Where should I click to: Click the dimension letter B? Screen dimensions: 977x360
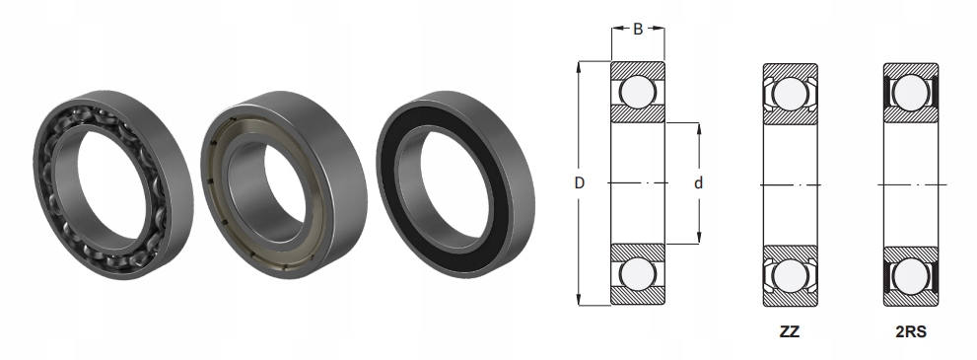pos(638,30)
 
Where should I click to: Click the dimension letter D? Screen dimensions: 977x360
pos(580,183)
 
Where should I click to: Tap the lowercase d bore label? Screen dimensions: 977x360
pos(698,183)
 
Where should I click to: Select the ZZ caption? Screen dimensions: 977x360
pos(790,332)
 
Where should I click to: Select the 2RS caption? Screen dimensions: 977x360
pos(911,332)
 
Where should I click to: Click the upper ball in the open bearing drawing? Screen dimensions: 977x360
pos(638,92)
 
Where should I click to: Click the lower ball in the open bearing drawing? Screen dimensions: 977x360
pos(638,274)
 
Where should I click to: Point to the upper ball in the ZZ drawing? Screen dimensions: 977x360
pos(790,94)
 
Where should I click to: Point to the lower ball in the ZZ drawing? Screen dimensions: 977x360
pos(790,274)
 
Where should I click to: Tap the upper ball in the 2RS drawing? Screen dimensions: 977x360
pos(910,93)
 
